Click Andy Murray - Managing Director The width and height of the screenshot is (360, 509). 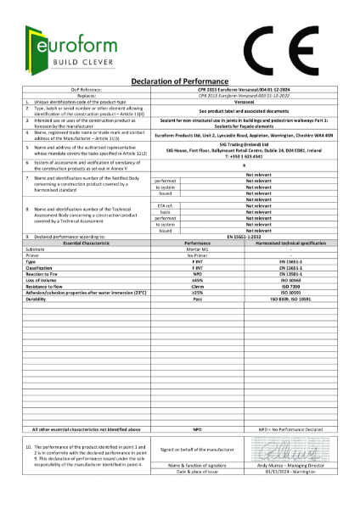coord(284,466)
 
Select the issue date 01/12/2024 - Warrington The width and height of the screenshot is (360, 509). coord(284,473)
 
